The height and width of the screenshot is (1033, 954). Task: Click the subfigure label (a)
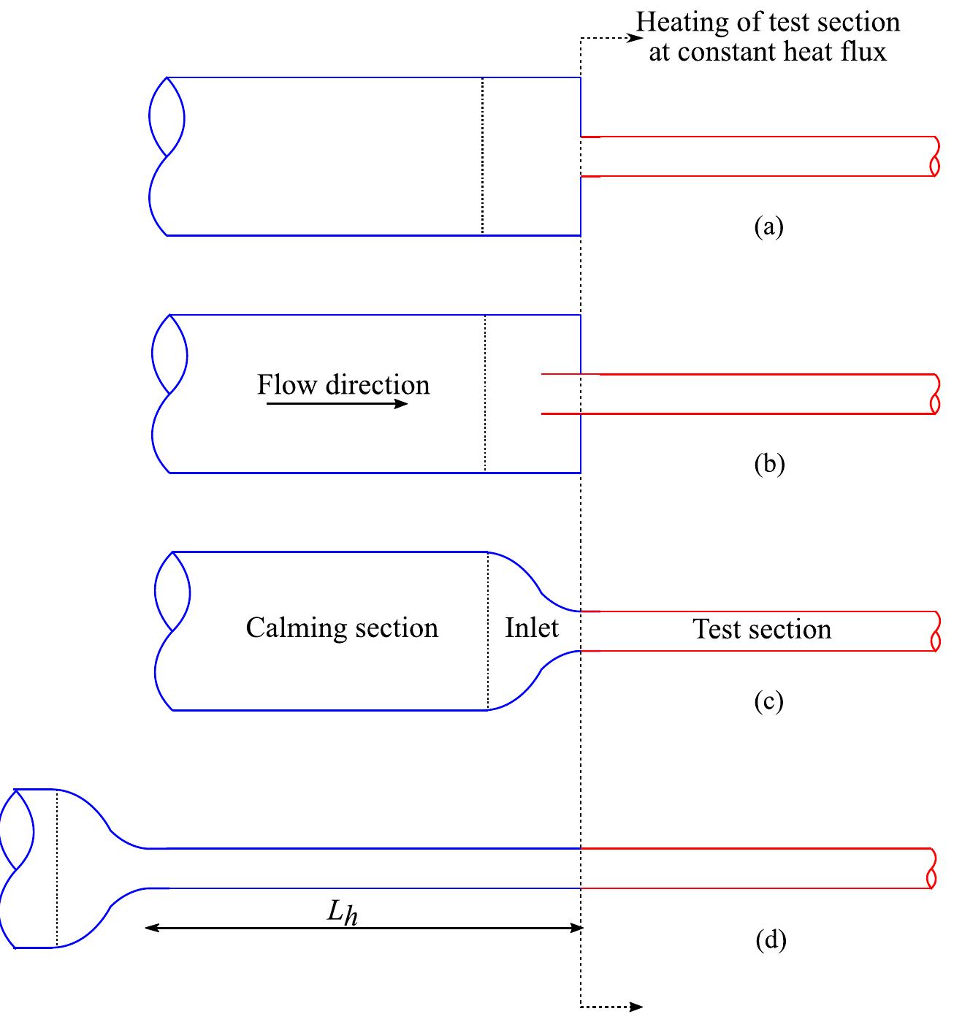pyautogui.click(x=768, y=227)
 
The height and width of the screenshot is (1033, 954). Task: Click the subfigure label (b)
pyautogui.click(x=768, y=464)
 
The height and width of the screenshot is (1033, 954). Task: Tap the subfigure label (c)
pyautogui.click(x=768, y=701)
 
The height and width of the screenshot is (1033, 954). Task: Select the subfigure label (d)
pyautogui.click(x=771, y=940)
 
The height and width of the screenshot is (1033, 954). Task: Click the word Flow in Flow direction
pyautogui.click(x=286, y=385)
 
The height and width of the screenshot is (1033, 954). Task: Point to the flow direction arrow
pyautogui.click(x=337, y=403)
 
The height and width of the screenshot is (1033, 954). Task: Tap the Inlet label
pyautogui.click(x=532, y=628)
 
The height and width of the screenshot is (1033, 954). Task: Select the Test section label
pyautogui.click(x=762, y=629)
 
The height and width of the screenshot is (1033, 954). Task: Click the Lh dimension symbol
pyautogui.click(x=342, y=912)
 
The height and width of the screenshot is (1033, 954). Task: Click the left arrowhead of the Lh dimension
pyautogui.click(x=152, y=927)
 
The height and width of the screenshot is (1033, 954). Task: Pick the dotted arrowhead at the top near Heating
pyautogui.click(x=636, y=37)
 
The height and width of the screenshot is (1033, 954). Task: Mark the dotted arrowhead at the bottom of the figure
pyautogui.click(x=636, y=1007)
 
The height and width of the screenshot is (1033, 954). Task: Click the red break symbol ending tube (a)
pyautogui.click(x=935, y=156)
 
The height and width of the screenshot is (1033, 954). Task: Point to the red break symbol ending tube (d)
pyautogui.click(x=932, y=869)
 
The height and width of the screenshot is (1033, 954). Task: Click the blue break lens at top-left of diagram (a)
pyautogui.click(x=167, y=116)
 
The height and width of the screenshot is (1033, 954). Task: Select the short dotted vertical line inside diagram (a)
pyautogui.click(x=482, y=156)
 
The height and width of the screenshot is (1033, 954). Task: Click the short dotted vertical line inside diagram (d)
pyautogui.click(x=57, y=869)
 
